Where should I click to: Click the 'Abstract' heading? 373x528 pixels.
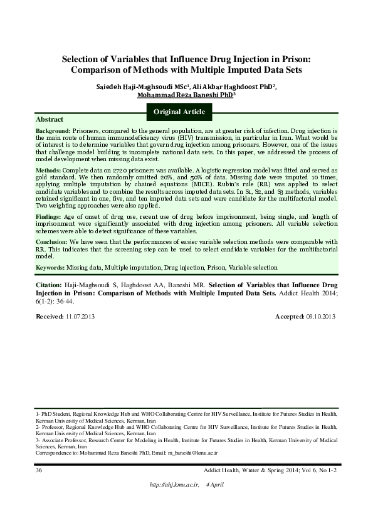pos(50,119)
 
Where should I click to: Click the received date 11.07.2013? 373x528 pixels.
pos(80,317)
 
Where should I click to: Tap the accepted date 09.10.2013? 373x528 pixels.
pos(320,317)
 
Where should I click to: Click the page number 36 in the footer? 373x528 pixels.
pos(39,470)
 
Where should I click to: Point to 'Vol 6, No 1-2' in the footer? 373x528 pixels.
pos(317,470)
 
